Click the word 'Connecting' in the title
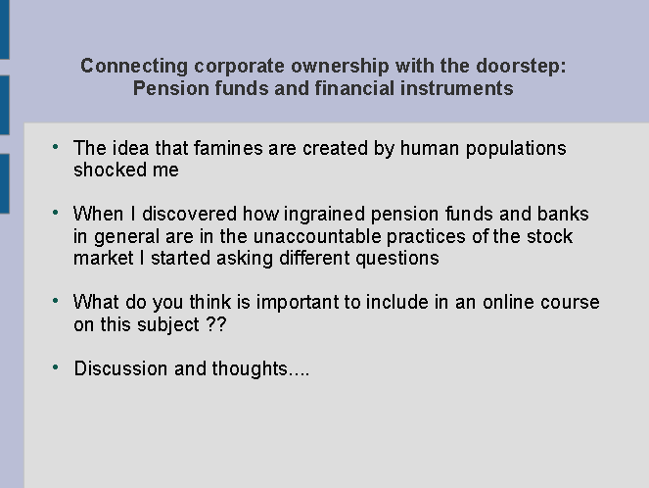tap(134, 67)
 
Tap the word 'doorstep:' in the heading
tap(521, 67)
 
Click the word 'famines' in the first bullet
tap(228, 148)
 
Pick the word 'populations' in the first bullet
tap(516, 149)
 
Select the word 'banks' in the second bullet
tap(563, 214)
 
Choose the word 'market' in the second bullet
tap(104, 258)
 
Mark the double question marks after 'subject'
tap(216, 324)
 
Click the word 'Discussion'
tap(120, 368)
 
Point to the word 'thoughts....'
tap(260, 368)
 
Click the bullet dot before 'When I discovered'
tap(56, 213)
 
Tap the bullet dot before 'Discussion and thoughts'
tap(56, 367)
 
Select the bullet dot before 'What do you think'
tap(56, 301)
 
